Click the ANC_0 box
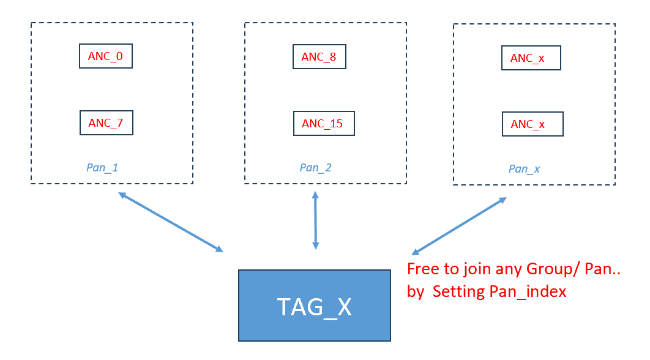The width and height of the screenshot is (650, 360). (x=106, y=56)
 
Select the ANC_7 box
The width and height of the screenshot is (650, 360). (x=106, y=123)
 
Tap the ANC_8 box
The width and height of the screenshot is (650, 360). (x=319, y=56)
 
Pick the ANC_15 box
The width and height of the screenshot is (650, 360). (x=324, y=123)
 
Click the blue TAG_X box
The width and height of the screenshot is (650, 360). (x=314, y=306)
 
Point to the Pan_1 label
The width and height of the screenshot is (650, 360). (x=102, y=168)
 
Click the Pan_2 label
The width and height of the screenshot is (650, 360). (x=315, y=168)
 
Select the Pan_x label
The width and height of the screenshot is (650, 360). (x=525, y=169)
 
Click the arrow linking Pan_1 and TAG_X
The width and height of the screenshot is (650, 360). (x=171, y=222)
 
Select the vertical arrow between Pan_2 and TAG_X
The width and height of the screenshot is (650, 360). (x=315, y=220)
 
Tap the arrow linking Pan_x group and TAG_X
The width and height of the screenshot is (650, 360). (x=459, y=226)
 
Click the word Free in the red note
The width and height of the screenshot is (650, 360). (x=424, y=269)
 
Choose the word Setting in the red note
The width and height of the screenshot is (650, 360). (x=458, y=292)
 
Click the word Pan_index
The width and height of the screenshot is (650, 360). (x=528, y=292)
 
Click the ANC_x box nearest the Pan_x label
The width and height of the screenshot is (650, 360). (x=532, y=124)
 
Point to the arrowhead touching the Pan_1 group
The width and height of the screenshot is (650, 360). (x=122, y=195)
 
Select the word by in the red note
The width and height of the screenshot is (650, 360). (x=416, y=293)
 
